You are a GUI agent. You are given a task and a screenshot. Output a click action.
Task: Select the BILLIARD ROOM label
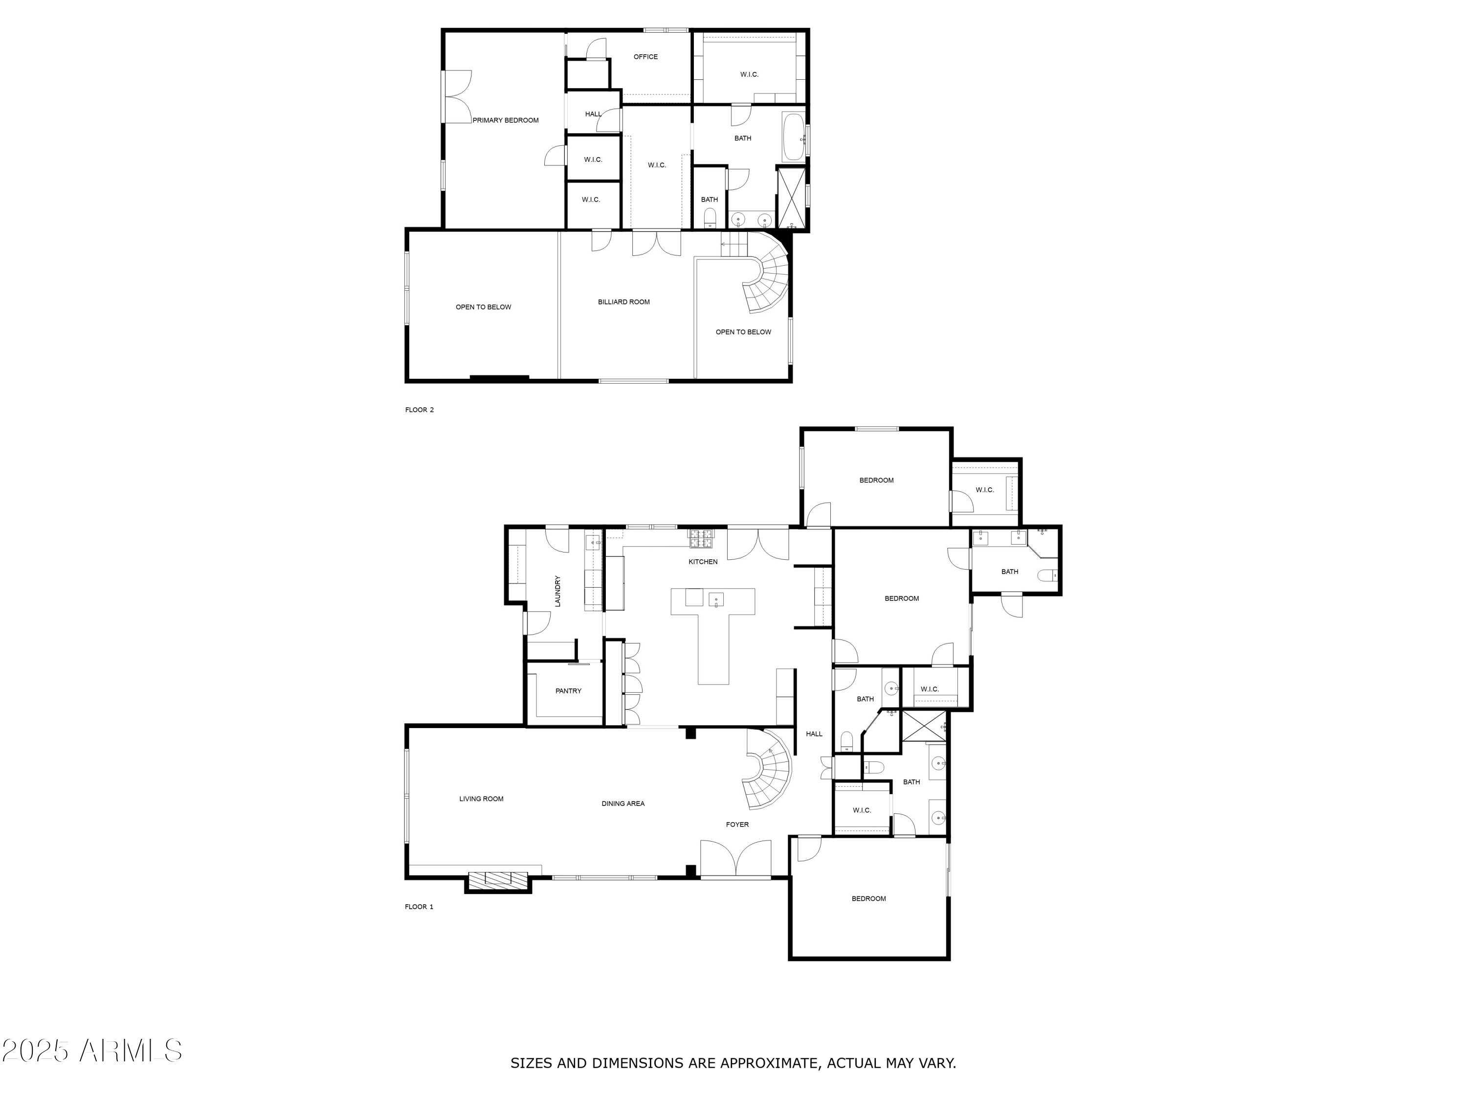623,302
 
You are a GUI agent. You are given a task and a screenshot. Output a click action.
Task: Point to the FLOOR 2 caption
419,410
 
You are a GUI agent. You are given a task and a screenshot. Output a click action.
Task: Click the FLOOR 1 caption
419,907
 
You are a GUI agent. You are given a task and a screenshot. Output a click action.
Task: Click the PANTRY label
568,691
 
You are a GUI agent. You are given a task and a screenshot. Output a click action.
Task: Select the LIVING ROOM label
482,799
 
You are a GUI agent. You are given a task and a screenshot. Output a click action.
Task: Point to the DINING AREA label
623,803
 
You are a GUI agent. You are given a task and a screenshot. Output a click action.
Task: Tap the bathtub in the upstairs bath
793,138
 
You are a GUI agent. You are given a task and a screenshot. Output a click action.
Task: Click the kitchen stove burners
701,538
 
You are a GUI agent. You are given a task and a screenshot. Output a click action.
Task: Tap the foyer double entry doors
736,859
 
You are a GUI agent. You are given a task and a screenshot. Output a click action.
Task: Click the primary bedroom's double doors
458,97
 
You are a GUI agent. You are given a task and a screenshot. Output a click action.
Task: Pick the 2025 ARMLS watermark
92,1051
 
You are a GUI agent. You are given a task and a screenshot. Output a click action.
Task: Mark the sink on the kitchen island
715,600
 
